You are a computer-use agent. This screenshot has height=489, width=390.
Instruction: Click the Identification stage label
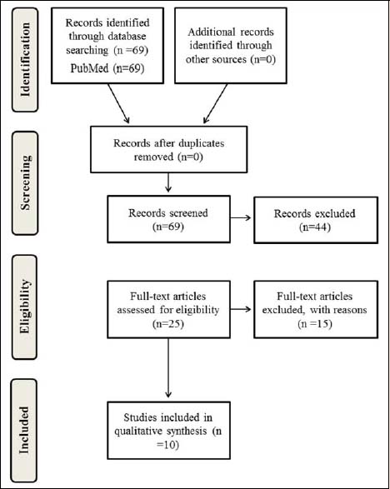(x=25, y=60)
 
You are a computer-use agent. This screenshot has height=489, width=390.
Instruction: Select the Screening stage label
(x=25, y=182)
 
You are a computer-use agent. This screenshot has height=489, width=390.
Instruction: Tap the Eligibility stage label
(x=25, y=307)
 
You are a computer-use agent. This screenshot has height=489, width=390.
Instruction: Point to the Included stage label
(x=24, y=431)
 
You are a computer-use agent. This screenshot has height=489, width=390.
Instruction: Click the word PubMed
(x=89, y=68)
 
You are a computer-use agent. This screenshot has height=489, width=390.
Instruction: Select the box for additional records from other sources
(x=231, y=46)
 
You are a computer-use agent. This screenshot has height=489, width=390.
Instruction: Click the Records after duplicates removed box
(x=169, y=149)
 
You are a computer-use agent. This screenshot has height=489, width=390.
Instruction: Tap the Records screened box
(x=169, y=219)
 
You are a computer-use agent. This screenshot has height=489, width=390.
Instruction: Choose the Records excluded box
(x=316, y=220)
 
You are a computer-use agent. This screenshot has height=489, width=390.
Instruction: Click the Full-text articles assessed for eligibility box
(x=169, y=309)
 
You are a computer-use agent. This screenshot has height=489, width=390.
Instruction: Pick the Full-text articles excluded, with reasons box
(x=316, y=309)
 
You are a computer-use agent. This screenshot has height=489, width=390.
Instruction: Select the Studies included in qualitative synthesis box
(x=169, y=431)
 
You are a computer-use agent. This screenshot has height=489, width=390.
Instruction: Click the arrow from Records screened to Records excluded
(x=241, y=217)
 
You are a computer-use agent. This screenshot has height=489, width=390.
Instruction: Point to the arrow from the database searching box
(x=118, y=103)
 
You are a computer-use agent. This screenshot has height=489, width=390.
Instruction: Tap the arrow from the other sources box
(x=215, y=103)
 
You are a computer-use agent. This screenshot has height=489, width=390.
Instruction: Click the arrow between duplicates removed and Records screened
(x=168, y=182)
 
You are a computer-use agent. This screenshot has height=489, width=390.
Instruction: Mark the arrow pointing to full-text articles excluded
(x=241, y=309)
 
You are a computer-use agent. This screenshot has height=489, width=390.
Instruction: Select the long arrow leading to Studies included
(x=168, y=368)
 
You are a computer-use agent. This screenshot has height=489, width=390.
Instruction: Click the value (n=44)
(x=315, y=227)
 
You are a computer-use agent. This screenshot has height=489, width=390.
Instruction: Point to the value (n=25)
(x=168, y=324)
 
